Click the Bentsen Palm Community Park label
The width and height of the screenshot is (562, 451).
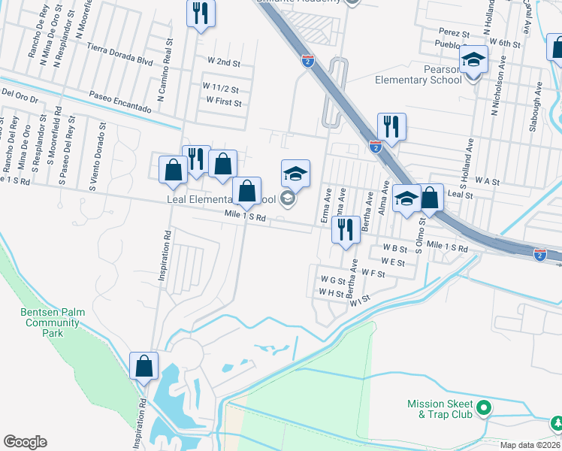[52, 322]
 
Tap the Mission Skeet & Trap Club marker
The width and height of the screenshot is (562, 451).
[485, 409]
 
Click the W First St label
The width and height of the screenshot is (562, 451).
[224, 101]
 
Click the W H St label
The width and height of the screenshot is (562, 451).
[331, 292]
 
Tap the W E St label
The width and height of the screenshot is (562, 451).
[393, 262]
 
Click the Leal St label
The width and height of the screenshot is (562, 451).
[459, 195]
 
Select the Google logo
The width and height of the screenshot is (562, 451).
[26, 442]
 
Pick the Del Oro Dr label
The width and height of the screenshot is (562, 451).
[20, 95]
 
